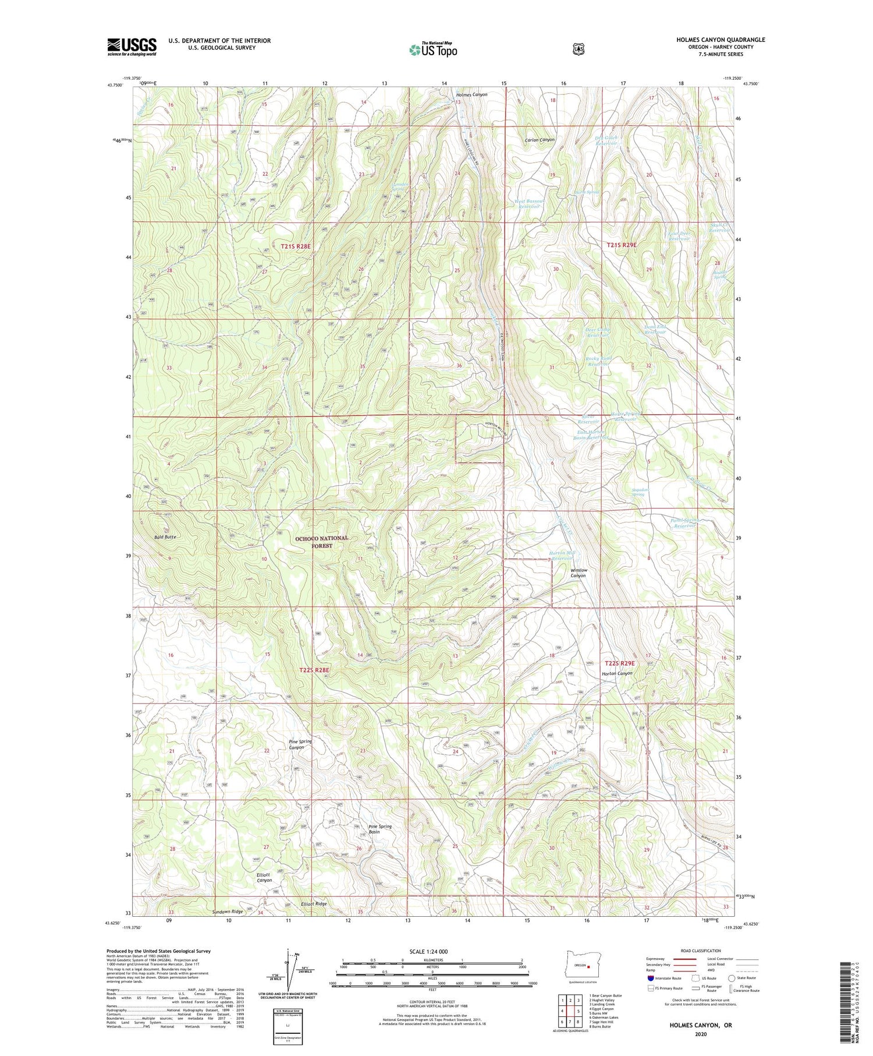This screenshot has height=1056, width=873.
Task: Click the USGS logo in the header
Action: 132,47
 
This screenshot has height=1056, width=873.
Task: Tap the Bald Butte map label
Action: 165,536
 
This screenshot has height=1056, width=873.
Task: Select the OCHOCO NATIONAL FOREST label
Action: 322,542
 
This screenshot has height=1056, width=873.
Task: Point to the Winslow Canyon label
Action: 579,573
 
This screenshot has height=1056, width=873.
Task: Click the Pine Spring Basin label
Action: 380,829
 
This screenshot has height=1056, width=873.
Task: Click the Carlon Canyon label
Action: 540,140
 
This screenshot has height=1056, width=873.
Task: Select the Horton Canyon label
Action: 617,673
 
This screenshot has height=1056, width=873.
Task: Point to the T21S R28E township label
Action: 296,246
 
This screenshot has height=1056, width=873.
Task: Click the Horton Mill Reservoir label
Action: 562,555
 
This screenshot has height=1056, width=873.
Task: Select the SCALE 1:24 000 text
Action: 428,951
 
